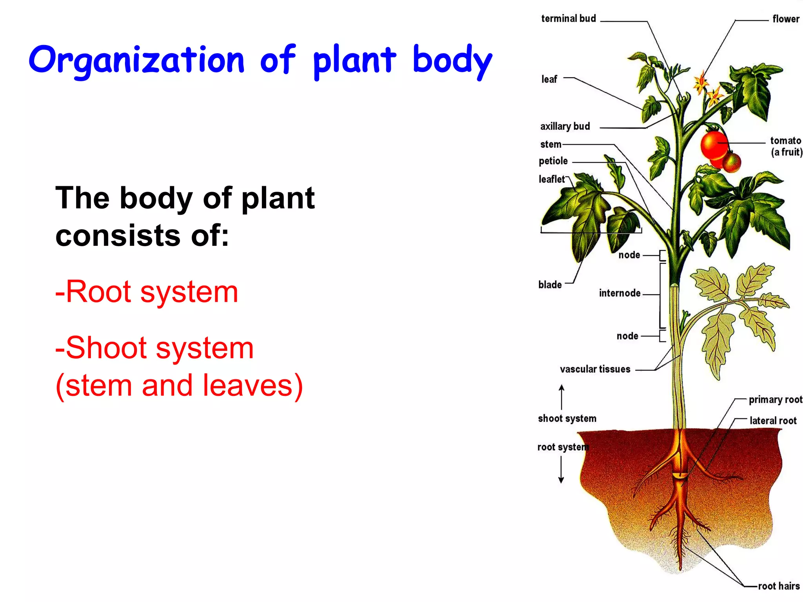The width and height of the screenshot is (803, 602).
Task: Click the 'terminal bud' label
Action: pyautogui.click(x=568, y=18)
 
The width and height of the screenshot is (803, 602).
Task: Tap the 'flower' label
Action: pyautogui.click(x=785, y=19)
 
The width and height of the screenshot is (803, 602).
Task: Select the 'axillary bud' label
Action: pyautogui.click(x=565, y=126)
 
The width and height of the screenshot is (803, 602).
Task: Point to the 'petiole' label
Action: pyautogui.click(x=553, y=161)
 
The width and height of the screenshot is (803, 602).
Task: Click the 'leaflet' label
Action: pyautogui.click(x=551, y=179)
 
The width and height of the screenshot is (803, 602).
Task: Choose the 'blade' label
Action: pyautogui.click(x=550, y=285)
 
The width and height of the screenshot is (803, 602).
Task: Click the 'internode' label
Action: pyautogui.click(x=620, y=293)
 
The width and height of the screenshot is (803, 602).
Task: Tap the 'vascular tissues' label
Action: pyautogui.click(x=595, y=369)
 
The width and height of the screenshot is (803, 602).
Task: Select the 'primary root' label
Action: pyautogui.click(x=775, y=399)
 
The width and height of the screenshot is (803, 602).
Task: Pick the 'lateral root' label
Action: pyautogui.click(x=773, y=421)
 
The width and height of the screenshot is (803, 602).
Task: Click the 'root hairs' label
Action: pyautogui.click(x=778, y=586)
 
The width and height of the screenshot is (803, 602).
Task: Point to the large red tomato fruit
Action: pyautogui.click(x=714, y=145)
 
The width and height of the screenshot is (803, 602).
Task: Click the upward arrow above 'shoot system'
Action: pyautogui.click(x=561, y=396)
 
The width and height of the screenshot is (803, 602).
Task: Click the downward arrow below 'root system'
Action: pyautogui.click(x=561, y=470)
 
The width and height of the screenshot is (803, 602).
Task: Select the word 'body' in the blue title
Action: pyautogui.click(x=452, y=61)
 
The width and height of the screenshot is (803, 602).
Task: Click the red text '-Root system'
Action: pyautogui.click(x=147, y=292)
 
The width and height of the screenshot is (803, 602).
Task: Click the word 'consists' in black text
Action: pyautogui.click(x=118, y=236)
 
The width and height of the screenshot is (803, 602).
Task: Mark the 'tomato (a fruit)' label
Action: pyautogui.click(x=785, y=146)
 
